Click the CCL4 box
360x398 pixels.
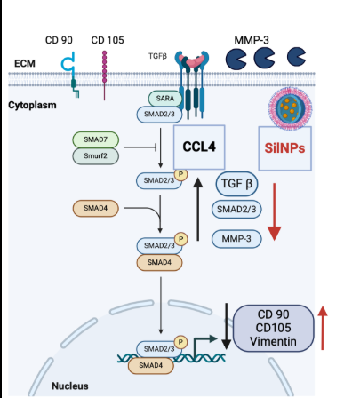pyautogui.click(x=199, y=147)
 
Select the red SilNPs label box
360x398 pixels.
pyautogui.click(x=284, y=148)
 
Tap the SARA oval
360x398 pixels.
pyautogui.click(x=165, y=99)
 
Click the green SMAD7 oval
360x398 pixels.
pyautogui.click(x=96, y=139)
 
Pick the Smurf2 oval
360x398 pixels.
pyautogui.click(x=96, y=155)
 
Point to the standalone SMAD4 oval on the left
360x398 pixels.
pyautogui.click(x=96, y=208)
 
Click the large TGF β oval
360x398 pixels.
pyautogui.click(x=236, y=184)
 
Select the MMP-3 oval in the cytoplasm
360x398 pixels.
pyautogui.click(x=236, y=239)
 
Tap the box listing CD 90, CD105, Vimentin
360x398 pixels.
pyautogui.click(x=273, y=328)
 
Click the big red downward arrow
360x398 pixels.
pyautogui.click(x=275, y=211)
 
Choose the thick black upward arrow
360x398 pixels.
pyautogui.click(x=198, y=209)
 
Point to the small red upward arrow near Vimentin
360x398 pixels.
pyautogui.click(x=323, y=328)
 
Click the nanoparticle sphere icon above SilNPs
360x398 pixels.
pyautogui.click(x=290, y=108)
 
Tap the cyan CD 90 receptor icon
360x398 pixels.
pyautogui.click(x=70, y=74)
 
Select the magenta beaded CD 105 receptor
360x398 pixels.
pyautogui.click(x=104, y=76)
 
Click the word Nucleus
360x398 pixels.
pyautogui.click(x=70, y=386)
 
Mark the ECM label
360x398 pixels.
pyautogui.click(x=25, y=63)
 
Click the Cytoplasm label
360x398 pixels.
pyautogui.click(x=32, y=105)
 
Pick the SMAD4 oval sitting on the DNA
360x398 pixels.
pyautogui.click(x=151, y=365)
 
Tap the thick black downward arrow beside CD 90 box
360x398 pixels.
pyautogui.click(x=226, y=326)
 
